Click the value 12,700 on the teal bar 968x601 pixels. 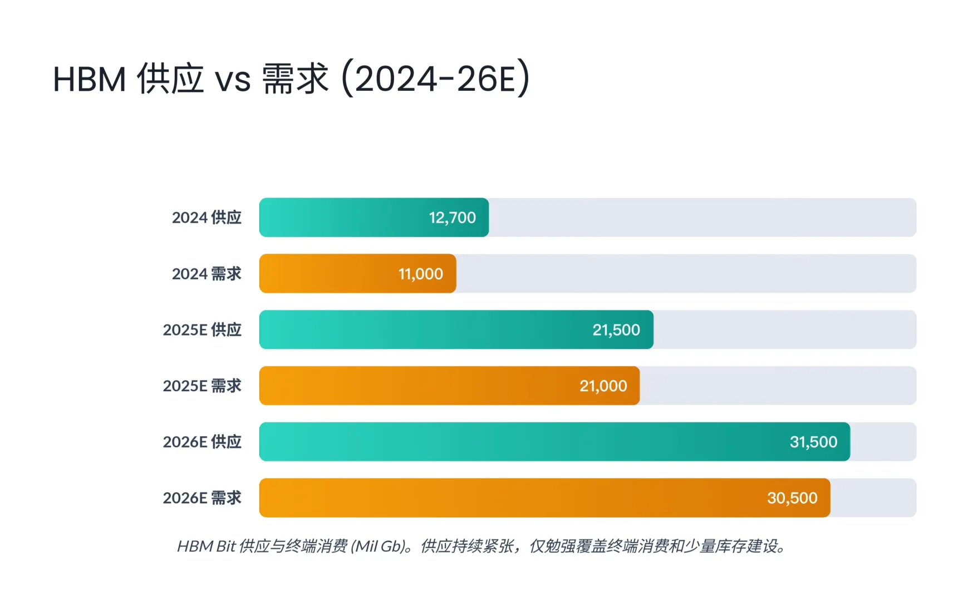coord(452,218)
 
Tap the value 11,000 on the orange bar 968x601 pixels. coord(420,274)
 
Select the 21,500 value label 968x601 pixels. coord(616,330)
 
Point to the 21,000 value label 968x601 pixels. coord(603,386)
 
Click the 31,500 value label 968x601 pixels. coord(813,442)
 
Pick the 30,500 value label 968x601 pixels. coord(792,498)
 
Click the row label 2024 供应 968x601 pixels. coord(207,218)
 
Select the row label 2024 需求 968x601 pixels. coord(207,274)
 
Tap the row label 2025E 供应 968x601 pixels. coord(202,330)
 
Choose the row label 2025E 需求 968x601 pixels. coord(202,386)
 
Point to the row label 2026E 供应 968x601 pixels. coord(202,442)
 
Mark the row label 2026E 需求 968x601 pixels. coord(202,498)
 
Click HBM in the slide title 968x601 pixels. coord(89,80)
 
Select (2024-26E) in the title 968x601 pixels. coord(435,78)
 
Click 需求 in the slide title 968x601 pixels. coord(295,78)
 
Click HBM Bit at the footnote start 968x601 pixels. coord(206,546)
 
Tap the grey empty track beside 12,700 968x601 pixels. coord(701,218)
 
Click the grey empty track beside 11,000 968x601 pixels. coord(685,274)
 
